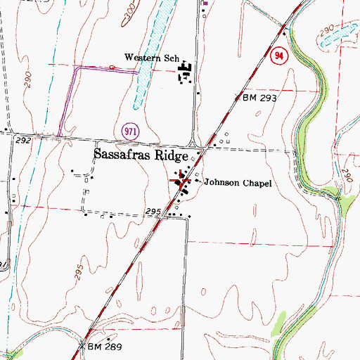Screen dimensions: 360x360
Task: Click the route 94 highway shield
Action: pyautogui.click(x=279, y=55)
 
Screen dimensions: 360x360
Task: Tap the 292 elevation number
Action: pyautogui.click(x=23, y=141)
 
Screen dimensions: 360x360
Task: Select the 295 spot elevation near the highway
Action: pyautogui.click(x=155, y=211)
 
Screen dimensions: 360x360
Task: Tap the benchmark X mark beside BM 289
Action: pyautogui.click(x=82, y=346)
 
